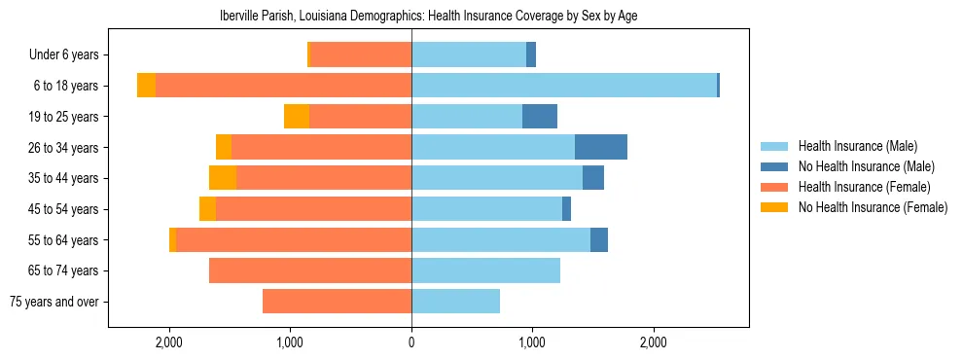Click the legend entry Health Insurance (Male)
pyautogui.click(x=857, y=146)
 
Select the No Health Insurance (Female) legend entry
pyautogui.click(x=873, y=207)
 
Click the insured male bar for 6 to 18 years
pyautogui.click(x=564, y=86)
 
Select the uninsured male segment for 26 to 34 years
pyautogui.click(x=601, y=147)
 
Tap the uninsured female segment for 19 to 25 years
pyautogui.click(x=297, y=117)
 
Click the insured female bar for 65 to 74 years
pyautogui.click(x=310, y=270)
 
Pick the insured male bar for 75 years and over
pyautogui.click(x=455, y=302)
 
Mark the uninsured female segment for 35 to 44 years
pyautogui.click(x=223, y=178)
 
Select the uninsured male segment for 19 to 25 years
pyautogui.click(x=540, y=117)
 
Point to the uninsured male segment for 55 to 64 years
pyautogui.click(x=599, y=239)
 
